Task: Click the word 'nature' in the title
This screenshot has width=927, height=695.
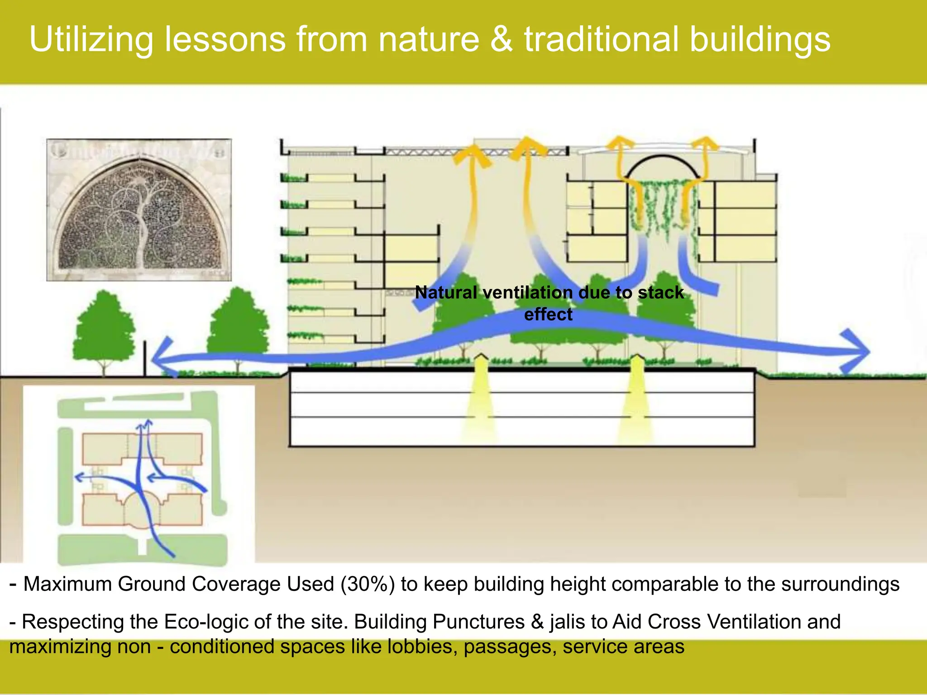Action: point(428,40)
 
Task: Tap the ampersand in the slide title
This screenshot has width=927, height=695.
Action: point(502,40)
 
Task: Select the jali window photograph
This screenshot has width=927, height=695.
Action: point(139,209)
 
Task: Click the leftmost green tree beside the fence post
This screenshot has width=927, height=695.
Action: point(105,330)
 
